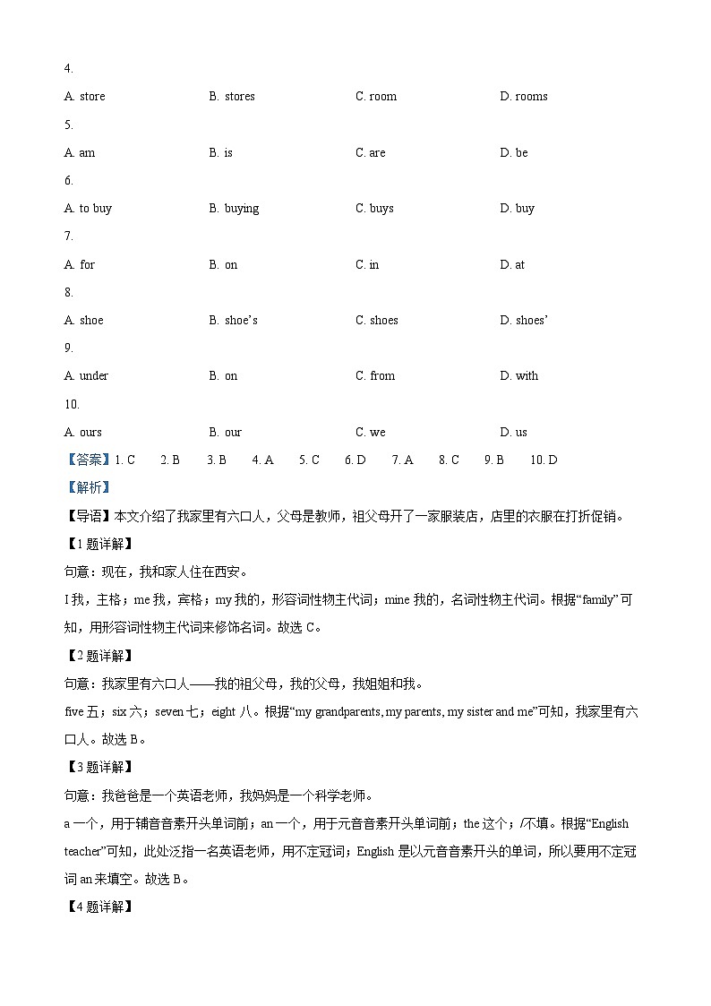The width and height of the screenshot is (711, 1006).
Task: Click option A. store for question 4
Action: (84, 97)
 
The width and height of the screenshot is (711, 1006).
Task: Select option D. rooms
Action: (524, 97)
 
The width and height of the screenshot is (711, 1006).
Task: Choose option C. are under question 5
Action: (370, 153)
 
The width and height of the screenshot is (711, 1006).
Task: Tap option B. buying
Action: (234, 209)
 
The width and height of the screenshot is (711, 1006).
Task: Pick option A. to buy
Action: (88, 209)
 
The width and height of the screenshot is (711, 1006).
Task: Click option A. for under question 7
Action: (79, 265)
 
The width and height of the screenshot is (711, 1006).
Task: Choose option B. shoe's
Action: (233, 321)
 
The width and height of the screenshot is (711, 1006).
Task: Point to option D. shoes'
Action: (524, 321)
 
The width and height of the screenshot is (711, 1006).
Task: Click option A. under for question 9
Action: (86, 376)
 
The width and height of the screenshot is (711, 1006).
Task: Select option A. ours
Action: (82, 433)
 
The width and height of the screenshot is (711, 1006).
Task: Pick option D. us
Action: (513, 433)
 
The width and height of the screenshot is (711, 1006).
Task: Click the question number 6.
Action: (68, 181)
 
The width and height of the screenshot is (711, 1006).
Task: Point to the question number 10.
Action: (71, 404)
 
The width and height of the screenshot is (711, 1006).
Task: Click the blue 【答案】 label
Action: (87, 460)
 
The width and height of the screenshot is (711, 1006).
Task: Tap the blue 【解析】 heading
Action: (87, 488)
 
